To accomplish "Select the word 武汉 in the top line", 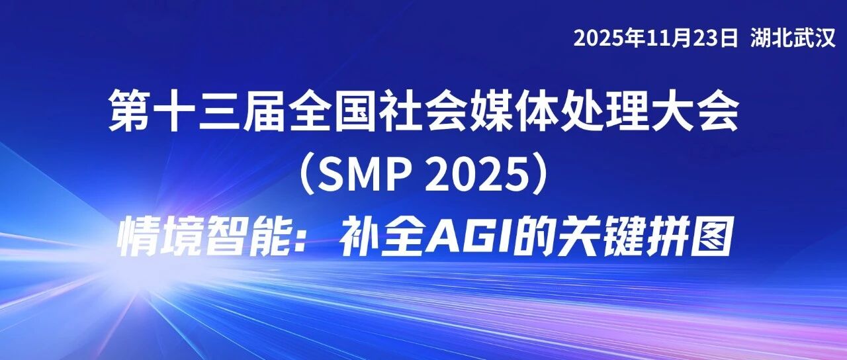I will (x=815, y=38).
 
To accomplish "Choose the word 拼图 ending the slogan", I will (x=688, y=238).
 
